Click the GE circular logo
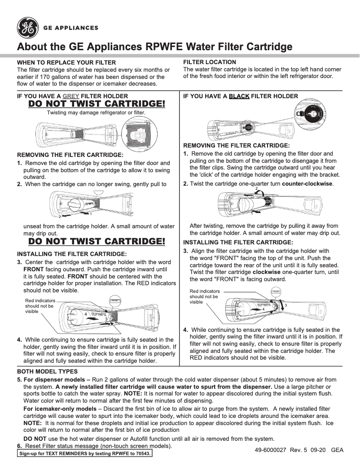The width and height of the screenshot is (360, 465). coord(28,27)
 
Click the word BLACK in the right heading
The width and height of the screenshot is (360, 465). coord(239,96)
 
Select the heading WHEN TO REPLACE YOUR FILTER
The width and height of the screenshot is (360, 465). coord(66,62)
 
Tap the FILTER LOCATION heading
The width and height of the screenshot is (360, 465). coord(210,62)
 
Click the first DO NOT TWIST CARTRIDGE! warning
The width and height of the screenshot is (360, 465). coord(97,104)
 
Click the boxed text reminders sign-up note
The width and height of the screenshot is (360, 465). coord(85,453)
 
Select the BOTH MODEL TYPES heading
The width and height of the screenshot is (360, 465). coord(47,372)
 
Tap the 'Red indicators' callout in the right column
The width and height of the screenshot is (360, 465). coord(205,296)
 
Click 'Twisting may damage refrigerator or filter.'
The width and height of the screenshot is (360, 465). coord(97,113)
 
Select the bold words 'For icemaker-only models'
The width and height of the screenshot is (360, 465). coord(59,409)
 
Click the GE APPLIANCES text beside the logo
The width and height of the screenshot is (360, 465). coord(70,28)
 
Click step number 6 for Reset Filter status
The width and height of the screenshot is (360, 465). coord(19,446)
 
